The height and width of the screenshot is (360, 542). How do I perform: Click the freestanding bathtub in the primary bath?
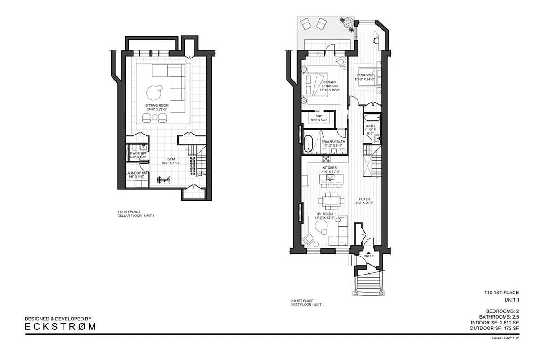[x=309, y=143]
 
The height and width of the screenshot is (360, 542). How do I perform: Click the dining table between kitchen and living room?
[x=330, y=199]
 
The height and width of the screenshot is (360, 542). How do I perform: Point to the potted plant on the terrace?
[x=346, y=23]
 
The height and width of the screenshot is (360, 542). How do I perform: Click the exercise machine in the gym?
[x=162, y=180]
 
